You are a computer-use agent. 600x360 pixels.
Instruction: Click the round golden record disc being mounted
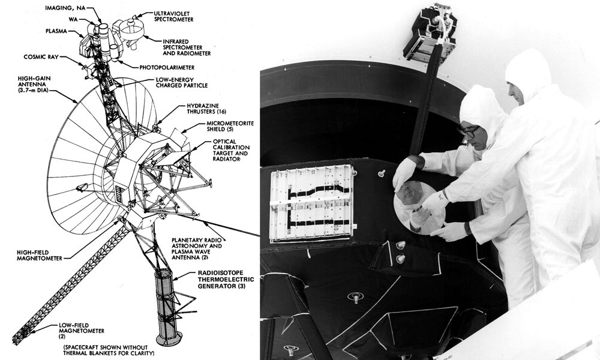pyautogui.click(x=419, y=207)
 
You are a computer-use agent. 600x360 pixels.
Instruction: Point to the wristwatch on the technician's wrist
pyautogui.click(x=466, y=229)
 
